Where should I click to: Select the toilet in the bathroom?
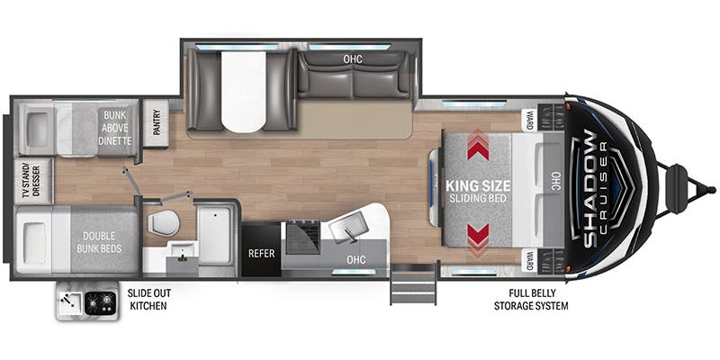pos(159,222)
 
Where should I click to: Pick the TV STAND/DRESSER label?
pos(26,182)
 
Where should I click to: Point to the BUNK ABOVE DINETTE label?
pos(115,128)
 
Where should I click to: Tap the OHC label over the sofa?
pos(352,59)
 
